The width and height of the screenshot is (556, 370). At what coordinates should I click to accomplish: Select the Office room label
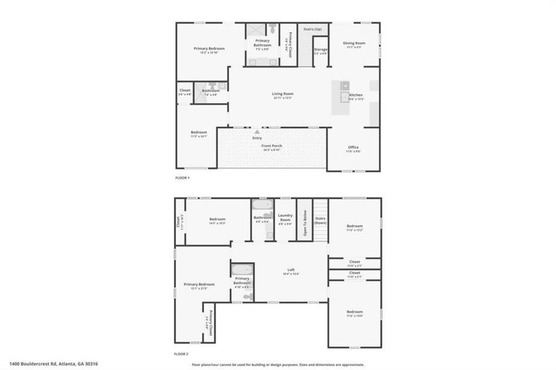tap(353, 147)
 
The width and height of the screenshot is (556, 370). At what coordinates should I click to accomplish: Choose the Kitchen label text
tap(356, 95)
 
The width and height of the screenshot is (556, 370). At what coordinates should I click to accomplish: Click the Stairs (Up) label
tap(313, 29)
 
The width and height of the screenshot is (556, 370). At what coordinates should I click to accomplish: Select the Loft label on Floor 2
tap(291, 270)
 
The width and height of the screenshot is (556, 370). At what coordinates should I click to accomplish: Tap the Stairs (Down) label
tap(320, 220)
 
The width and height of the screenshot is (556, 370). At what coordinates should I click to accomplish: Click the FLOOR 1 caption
tap(183, 178)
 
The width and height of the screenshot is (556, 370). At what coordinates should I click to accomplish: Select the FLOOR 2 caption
tap(183, 355)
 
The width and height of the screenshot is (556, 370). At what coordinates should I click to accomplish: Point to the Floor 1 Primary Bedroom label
tap(209, 49)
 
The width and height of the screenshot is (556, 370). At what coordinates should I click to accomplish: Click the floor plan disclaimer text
tap(278, 364)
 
